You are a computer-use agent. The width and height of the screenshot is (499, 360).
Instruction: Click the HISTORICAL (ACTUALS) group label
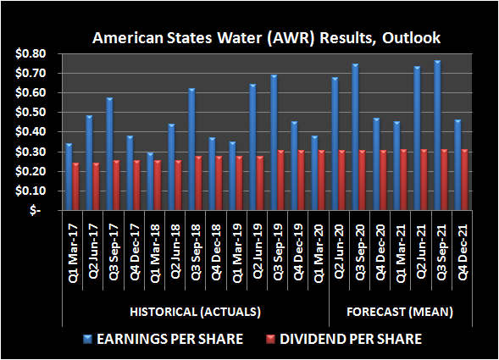click(x=194, y=312)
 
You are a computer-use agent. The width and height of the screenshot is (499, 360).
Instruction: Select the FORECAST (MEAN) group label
click(x=399, y=312)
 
